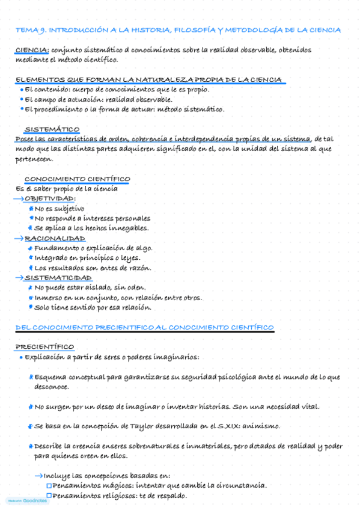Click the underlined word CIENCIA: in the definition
[x=32, y=51]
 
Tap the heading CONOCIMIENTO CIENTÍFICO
[x=77, y=179]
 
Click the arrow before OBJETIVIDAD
[x=18, y=198]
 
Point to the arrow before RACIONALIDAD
[x=18, y=239]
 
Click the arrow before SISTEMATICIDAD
[x=18, y=278]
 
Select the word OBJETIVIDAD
[x=50, y=198]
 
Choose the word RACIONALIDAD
[x=55, y=239]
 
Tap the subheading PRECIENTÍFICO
[x=44, y=347]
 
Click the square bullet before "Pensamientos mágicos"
[x=49, y=486]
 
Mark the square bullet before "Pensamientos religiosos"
[x=49, y=496]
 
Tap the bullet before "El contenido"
[x=22, y=90]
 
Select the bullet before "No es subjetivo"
[x=31, y=209]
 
